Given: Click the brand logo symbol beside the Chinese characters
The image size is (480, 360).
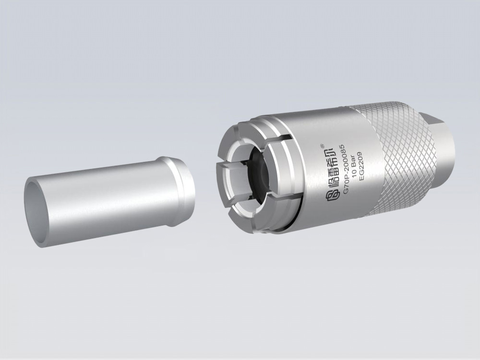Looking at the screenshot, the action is click(332, 192).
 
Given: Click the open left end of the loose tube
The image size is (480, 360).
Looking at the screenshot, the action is click(36, 211).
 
